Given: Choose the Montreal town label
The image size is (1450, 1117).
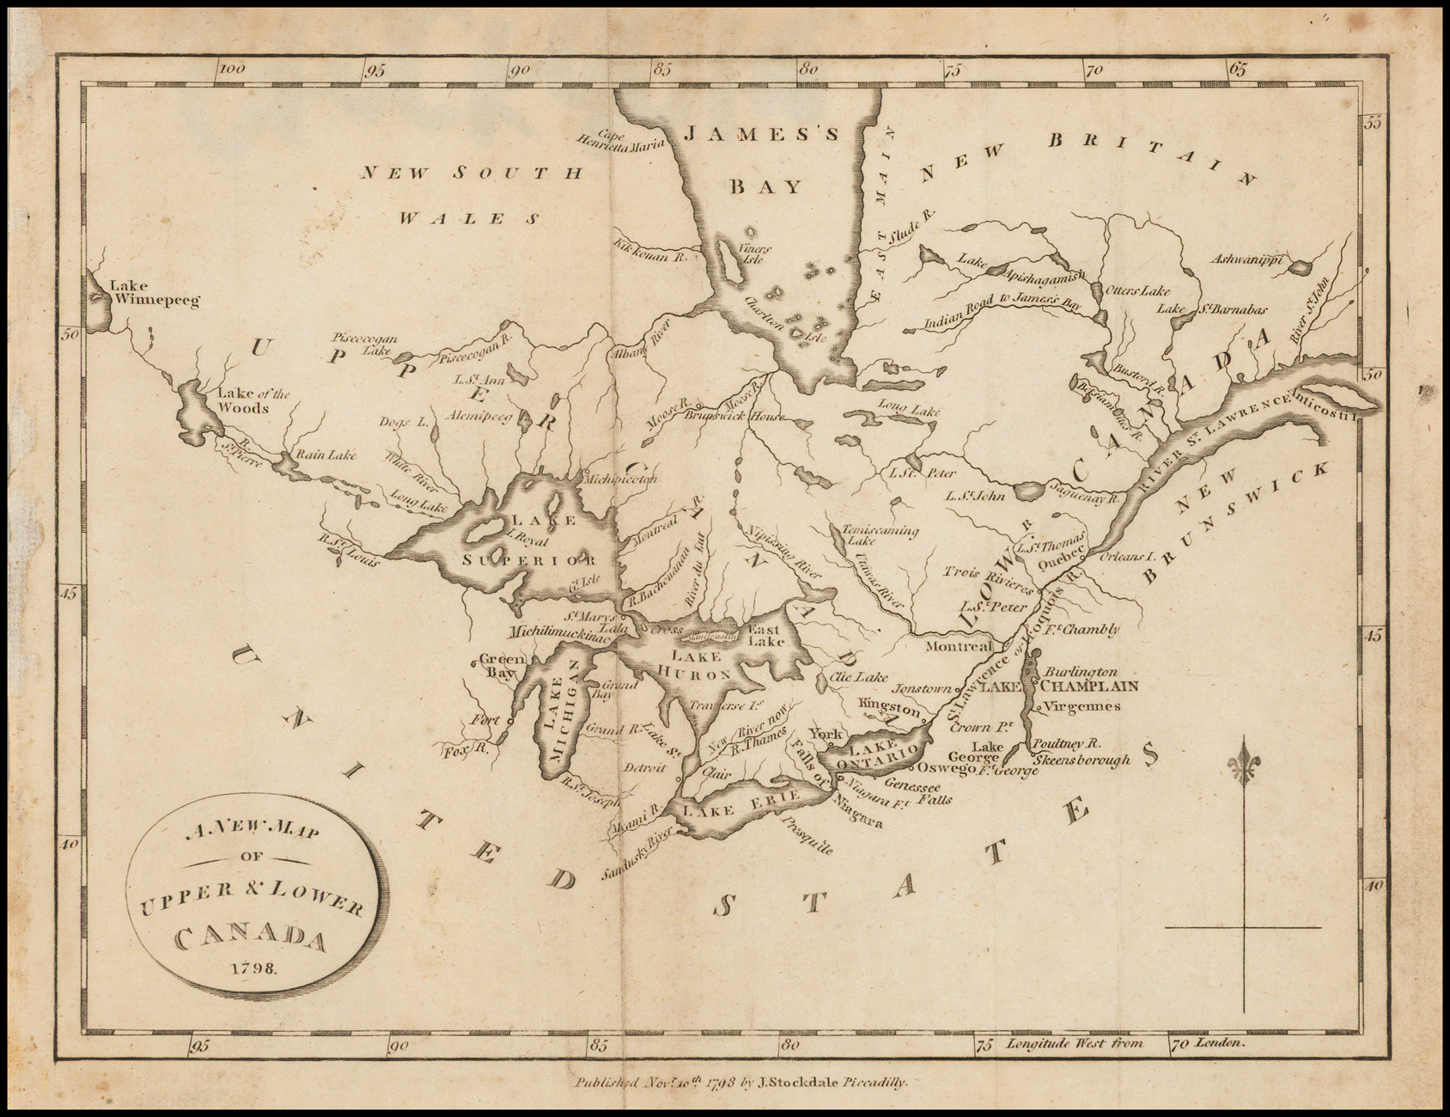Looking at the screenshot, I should tap(960, 645).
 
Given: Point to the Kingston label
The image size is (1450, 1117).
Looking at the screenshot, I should tap(890, 705).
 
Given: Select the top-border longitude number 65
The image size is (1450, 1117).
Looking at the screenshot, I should tap(1239, 70).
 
